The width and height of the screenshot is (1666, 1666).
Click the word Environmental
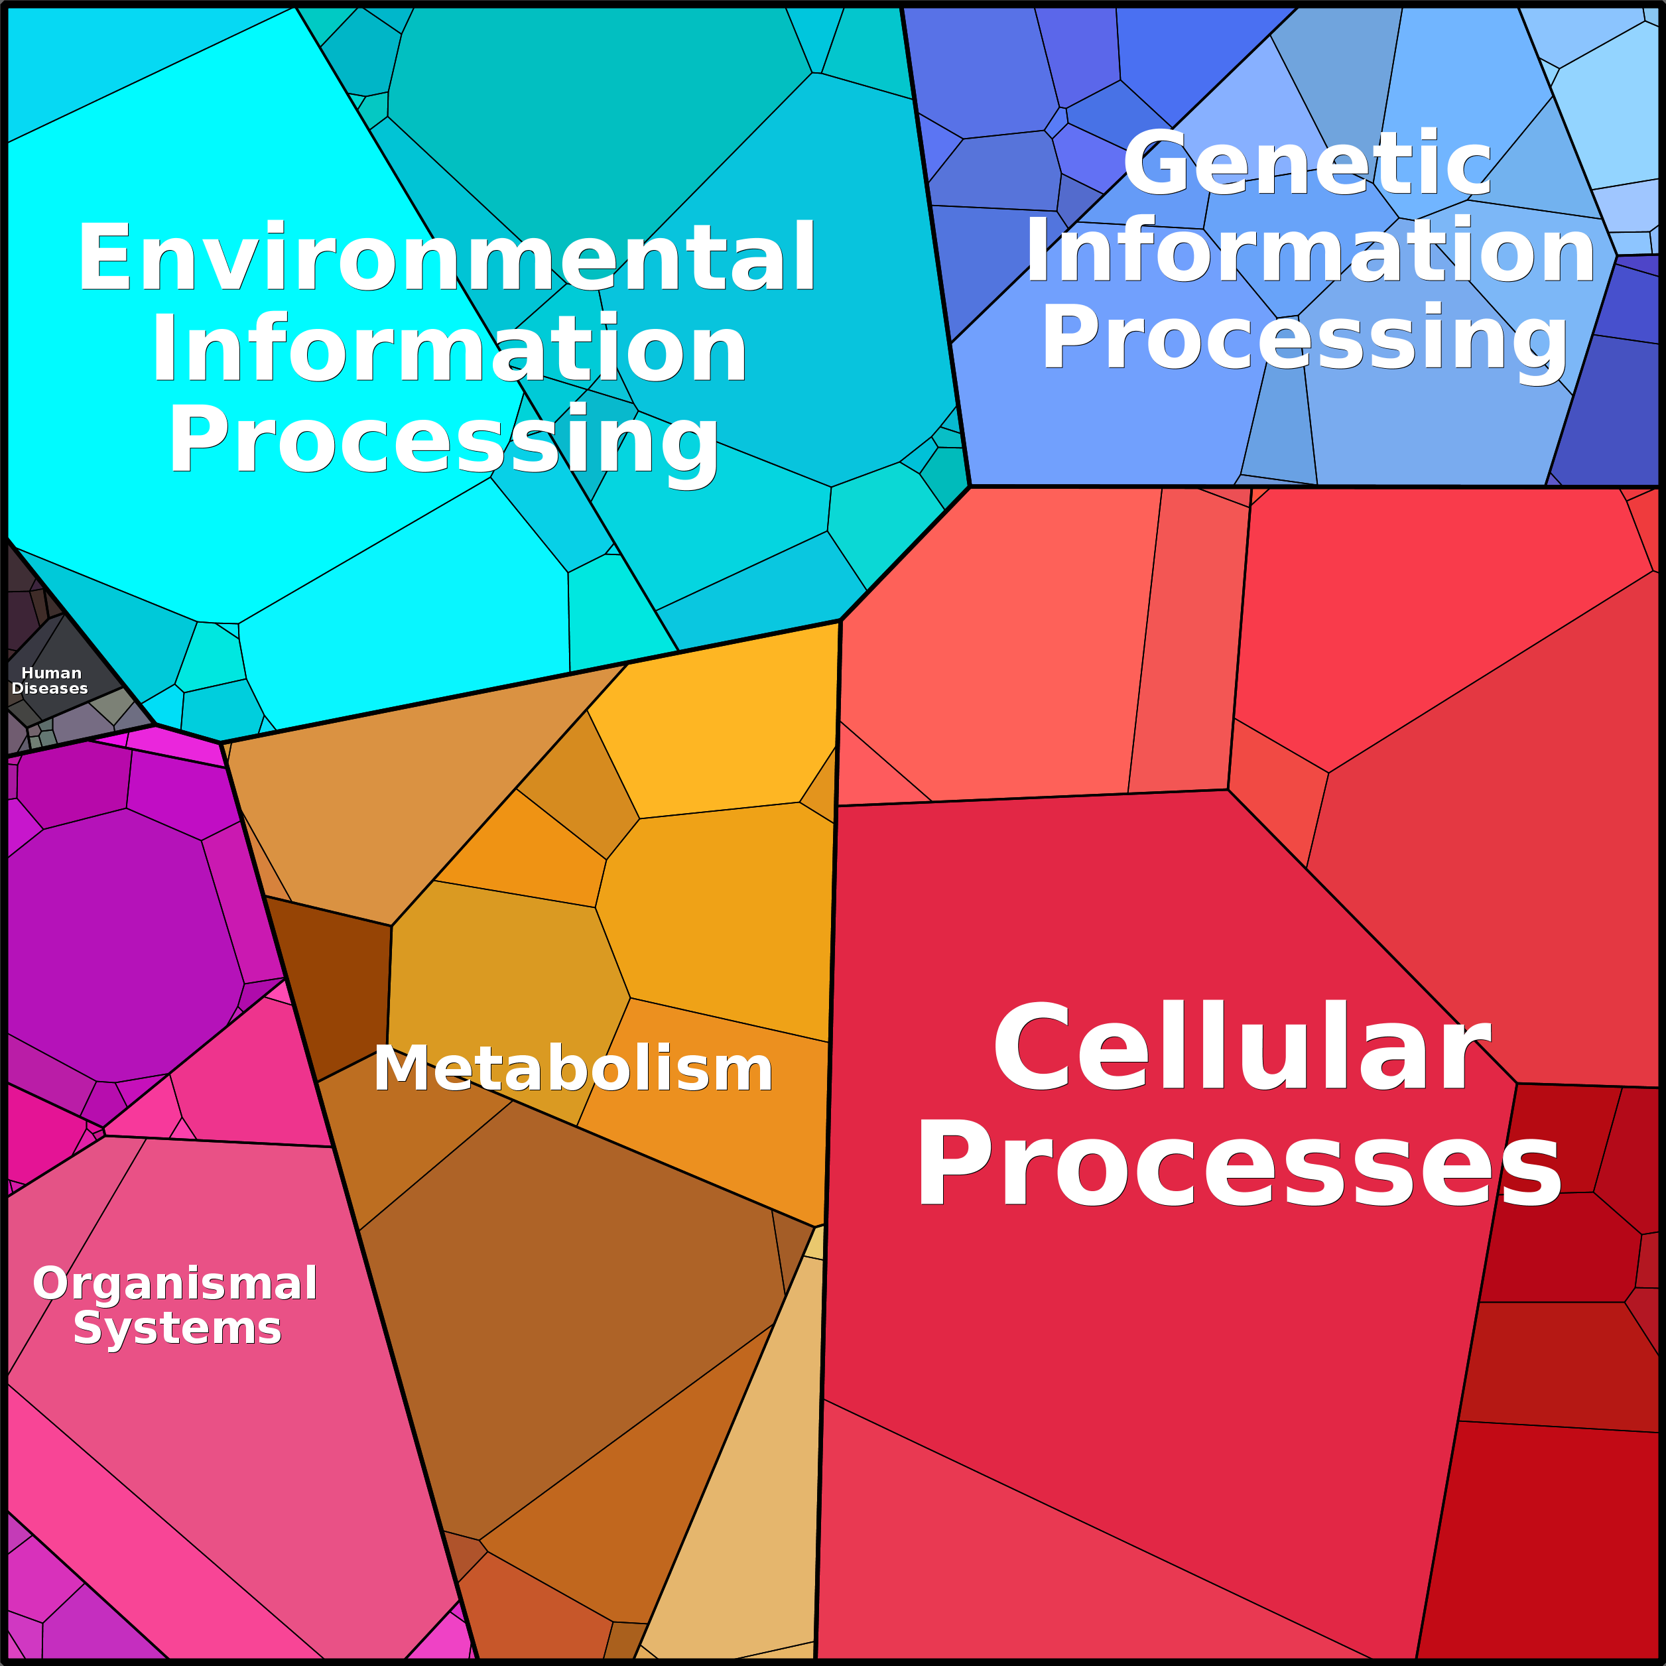click(x=447, y=257)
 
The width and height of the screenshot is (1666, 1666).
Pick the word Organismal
click(x=175, y=1283)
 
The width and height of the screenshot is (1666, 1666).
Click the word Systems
click(x=177, y=1327)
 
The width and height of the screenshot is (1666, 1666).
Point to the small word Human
click(x=51, y=673)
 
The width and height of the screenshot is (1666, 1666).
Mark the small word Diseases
click(x=49, y=688)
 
